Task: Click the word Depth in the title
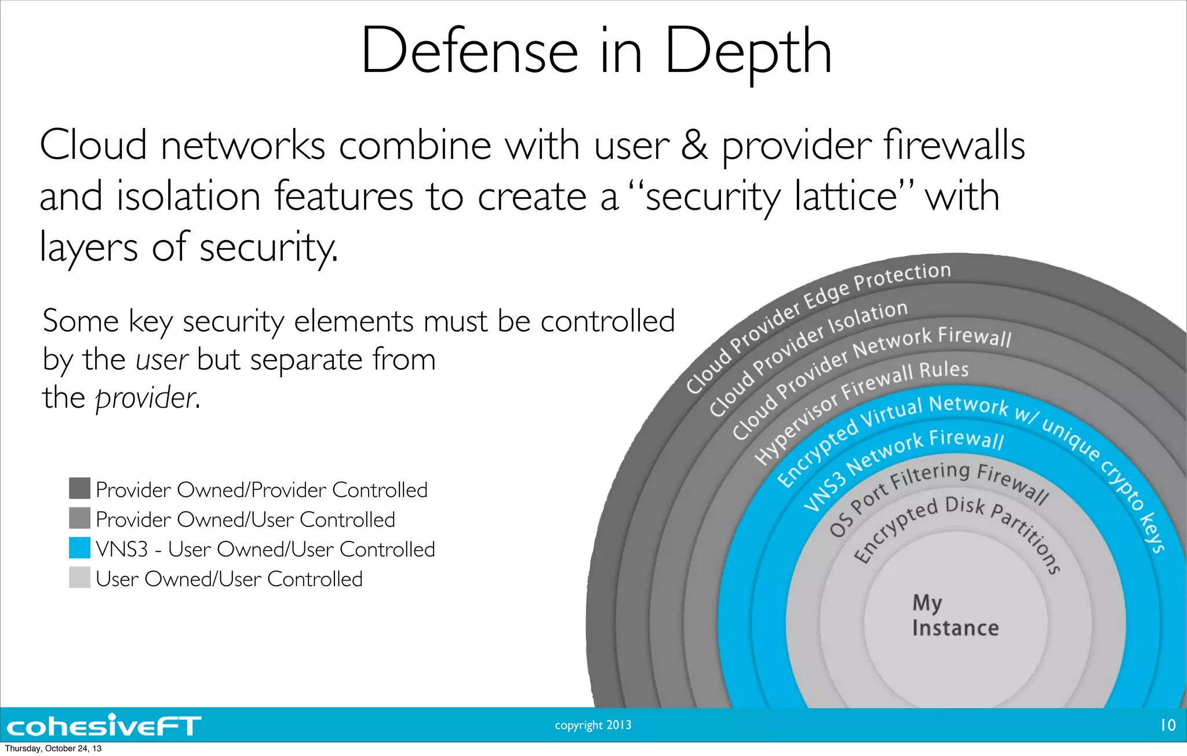[748, 52]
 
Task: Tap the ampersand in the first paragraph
[694, 145]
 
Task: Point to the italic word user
[162, 360]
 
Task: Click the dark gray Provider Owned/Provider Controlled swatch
[79, 488]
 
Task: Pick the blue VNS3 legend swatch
[79, 548]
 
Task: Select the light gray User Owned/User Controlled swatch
[79, 577]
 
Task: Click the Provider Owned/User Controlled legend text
[245, 519]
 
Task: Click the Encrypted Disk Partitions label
[956, 522]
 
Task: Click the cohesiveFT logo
[104, 726]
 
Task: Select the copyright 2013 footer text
[593, 725]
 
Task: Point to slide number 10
[1167, 725]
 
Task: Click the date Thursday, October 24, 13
[53, 748]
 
